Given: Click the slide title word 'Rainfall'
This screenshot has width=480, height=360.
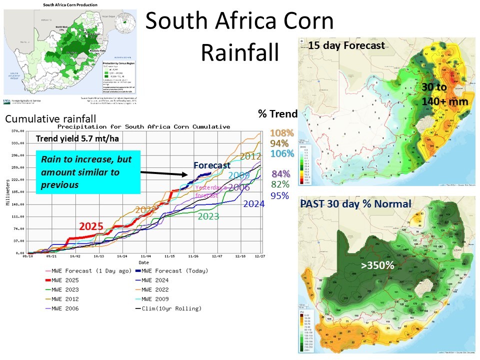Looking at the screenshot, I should click(x=239, y=52).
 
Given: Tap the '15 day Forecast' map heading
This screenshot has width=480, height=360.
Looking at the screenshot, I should click(x=346, y=45).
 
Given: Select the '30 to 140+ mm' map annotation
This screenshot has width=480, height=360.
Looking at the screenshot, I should click(x=443, y=94).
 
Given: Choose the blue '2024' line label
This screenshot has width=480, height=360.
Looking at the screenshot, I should click(x=254, y=203).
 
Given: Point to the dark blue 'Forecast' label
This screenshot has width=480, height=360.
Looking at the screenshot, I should click(x=212, y=165).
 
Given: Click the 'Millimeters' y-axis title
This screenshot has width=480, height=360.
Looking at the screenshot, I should click(x=6, y=192).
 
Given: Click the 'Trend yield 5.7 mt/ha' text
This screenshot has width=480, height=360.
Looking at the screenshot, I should click(x=77, y=139).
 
